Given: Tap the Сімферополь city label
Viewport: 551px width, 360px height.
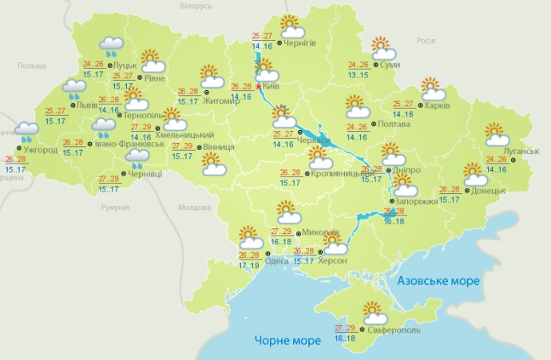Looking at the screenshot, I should [393, 330].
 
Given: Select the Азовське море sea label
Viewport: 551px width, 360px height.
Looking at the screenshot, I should [438, 282].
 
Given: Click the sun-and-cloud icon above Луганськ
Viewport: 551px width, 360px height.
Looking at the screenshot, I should [497, 133].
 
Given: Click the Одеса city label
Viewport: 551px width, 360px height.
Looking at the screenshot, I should [276, 261].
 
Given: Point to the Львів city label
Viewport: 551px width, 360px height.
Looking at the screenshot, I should [87, 105].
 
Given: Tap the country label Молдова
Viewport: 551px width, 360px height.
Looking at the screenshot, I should [194, 208].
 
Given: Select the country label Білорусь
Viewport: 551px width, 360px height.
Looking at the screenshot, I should [196, 6].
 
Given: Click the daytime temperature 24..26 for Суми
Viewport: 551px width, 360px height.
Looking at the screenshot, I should [359, 65].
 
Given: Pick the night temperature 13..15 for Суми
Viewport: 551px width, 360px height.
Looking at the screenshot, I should [359, 74].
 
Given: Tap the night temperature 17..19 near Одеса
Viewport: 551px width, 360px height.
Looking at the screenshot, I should [249, 265].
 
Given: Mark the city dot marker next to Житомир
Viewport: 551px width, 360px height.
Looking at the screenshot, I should [205, 100].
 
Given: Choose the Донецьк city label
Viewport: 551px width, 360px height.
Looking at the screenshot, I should [489, 191].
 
